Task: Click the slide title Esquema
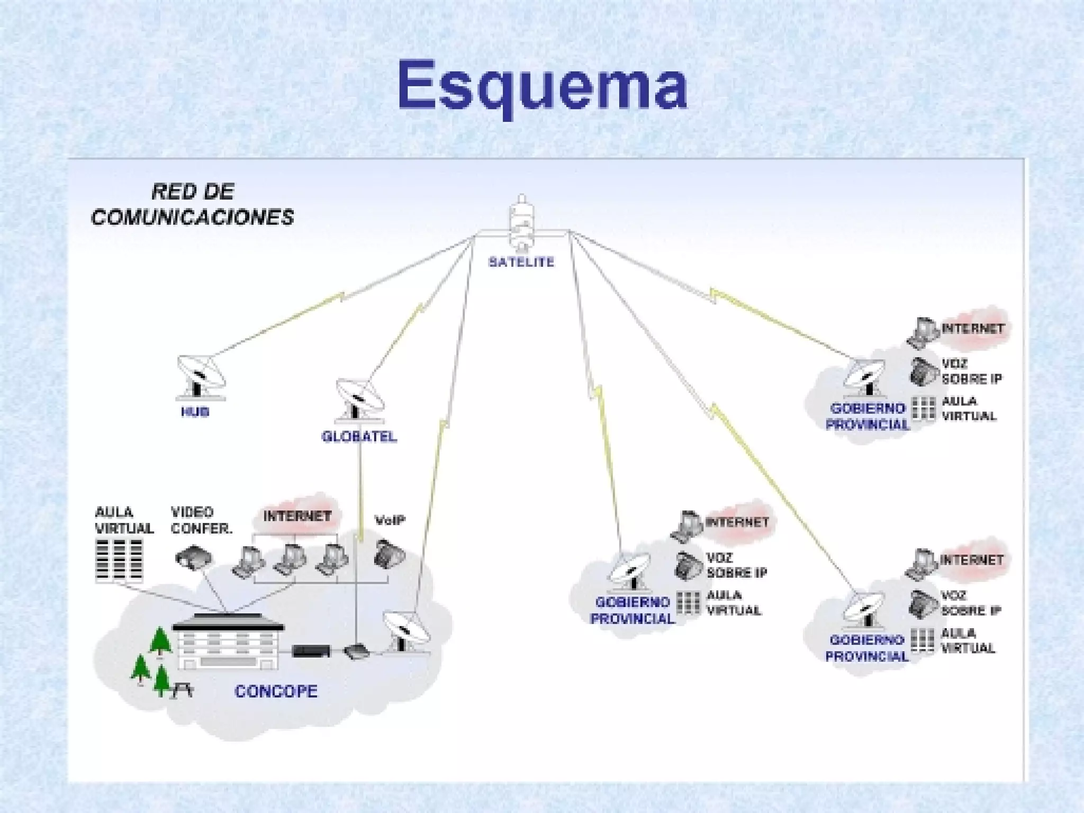(x=542, y=85)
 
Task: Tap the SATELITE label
(x=521, y=262)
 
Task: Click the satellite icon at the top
(x=522, y=222)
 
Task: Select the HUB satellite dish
(x=200, y=376)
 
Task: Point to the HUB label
(x=195, y=412)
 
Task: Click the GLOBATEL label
(x=359, y=437)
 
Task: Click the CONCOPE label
(x=276, y=691)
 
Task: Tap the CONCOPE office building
(x=228, y=640)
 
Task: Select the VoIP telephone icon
(x=389, y=553)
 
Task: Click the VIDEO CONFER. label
(x=202, y=520)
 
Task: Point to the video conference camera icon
(x=194, y=557)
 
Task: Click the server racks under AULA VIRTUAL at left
(x=120, y=561)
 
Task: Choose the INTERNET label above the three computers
(x=297, y=516)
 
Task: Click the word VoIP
(x=390, y=520)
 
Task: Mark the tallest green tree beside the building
(x=160, y=641)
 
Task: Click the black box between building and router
(x=312, y=651)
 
